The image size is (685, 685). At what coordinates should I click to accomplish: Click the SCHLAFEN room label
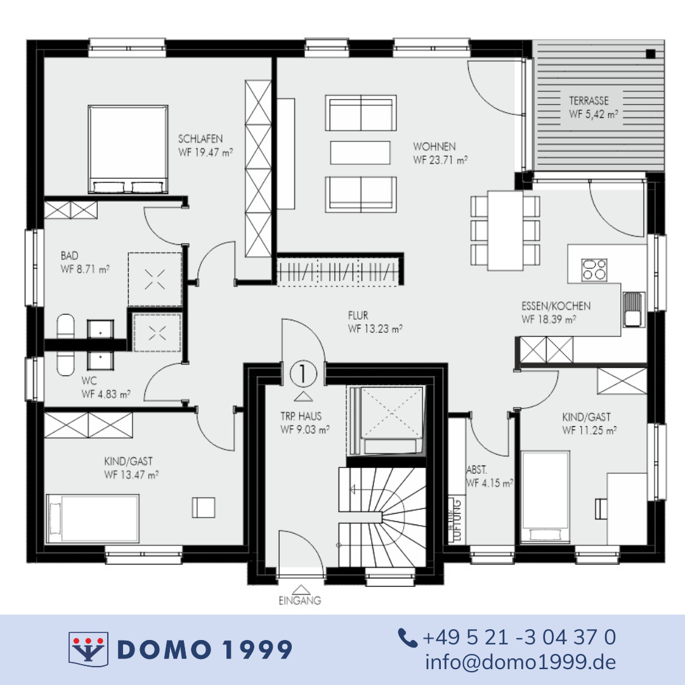coord(200,139)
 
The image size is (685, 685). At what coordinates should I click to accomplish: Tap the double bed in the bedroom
coord(128,149)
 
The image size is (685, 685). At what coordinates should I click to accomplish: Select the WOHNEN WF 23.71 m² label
coord(440,153)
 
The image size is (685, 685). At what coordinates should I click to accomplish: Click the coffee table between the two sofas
coord(360,152)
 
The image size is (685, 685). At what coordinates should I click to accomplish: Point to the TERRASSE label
coord(589,101)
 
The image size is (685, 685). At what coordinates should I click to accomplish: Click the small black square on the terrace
coord(651,54)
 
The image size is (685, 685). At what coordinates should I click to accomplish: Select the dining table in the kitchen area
coord(506,230)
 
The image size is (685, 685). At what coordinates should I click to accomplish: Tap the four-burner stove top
coord(594,270)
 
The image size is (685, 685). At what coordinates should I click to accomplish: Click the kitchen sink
coord(634,310)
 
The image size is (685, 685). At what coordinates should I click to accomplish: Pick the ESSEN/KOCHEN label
coord(556,306)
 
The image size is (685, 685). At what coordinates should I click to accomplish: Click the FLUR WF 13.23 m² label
coord(375,322)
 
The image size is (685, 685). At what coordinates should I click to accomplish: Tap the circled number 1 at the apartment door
coord(303,374)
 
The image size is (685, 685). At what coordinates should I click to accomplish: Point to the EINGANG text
coord(299,601)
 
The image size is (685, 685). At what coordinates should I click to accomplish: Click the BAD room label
coord(70,256)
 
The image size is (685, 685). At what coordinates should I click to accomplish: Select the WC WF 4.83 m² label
coord(106,388)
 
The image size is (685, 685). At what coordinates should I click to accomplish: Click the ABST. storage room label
coord(476,470)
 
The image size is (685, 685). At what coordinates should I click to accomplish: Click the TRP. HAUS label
coord(301,416)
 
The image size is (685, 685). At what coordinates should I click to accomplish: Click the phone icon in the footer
coord(408,638)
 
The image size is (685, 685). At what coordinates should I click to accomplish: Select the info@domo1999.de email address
coord(520,662)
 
